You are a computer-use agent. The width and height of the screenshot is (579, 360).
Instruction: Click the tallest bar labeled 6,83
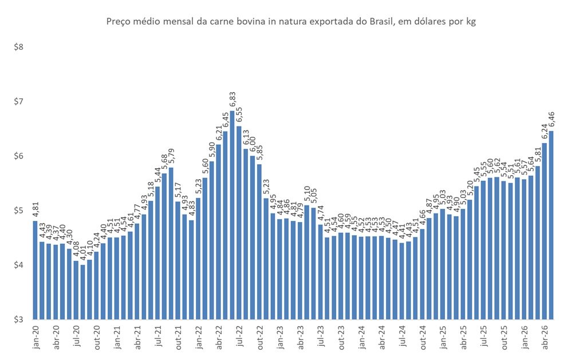pyautogui.click(x=232, y=215)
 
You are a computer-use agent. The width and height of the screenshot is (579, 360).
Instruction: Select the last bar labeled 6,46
pyautogui.click(x=552, y=225)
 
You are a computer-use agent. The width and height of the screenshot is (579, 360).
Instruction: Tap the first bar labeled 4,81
pyautogui.click(x=35, y=270)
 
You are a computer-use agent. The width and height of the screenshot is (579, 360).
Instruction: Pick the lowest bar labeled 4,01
pyautogui.click(x=82, y=292)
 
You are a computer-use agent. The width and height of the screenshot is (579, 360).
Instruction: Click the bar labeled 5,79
pyautogui.click(x=171, y=243)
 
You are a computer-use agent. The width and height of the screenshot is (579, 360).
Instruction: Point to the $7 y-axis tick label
pyautogui.click(x=18, y=101)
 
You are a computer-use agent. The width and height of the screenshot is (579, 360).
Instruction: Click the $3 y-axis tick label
pyautogui.click(x=18, y=319)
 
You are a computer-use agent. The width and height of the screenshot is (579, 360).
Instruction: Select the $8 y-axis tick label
pyautogui.click(x=18, y=47)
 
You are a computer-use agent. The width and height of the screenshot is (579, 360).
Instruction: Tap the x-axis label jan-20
pyautogui.click(x=36, y=338)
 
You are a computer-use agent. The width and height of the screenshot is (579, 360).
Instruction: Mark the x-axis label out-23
pyautogui.click(x=341, y=338)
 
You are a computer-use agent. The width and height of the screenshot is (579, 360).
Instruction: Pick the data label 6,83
pyautogui.click(x=233, y=101)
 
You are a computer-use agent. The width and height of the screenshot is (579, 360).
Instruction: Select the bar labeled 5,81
pyautogui.click(x=538, y=243)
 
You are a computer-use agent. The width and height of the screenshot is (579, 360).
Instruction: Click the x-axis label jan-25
pyautogui.click(x=443, y=338)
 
